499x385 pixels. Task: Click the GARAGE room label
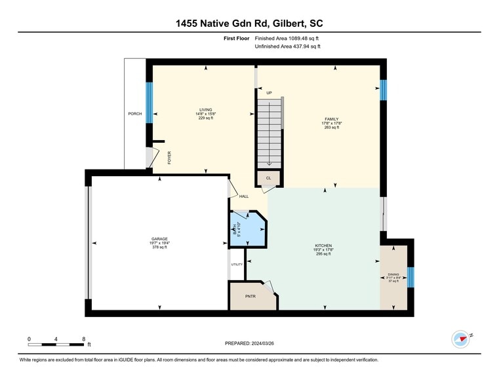coord(159,239)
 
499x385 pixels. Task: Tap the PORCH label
coord(134,114)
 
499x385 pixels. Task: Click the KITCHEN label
coord(323,246)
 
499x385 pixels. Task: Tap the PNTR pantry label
coord(250,296)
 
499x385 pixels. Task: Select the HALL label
coord(244,196)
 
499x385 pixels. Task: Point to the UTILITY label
coord(237,265)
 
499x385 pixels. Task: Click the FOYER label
coord(169,157)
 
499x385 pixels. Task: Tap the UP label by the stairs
coord(269,93)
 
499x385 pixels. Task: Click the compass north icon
coord(462,339)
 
